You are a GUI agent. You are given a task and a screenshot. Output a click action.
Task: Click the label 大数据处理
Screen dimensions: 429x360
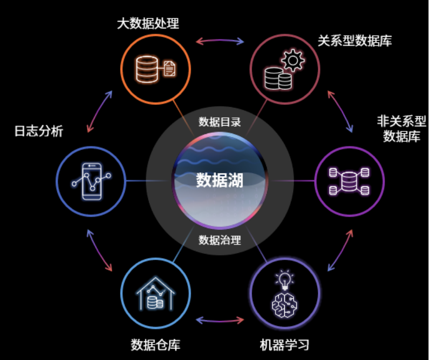(x=148, y=24)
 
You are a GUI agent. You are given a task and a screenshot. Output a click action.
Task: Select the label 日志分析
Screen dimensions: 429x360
(x=38, y=131)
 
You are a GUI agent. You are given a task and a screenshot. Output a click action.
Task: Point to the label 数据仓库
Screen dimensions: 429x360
(x=156, y=344)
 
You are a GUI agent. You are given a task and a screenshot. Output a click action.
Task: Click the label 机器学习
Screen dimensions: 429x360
(x=284, y=344)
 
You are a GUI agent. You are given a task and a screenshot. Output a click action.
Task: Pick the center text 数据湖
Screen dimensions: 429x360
(x=220, y=179)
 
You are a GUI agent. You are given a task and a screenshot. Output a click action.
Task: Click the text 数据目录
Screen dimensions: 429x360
(x=220, y=122)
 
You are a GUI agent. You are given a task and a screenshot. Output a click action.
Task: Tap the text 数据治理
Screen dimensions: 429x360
(x=220, y=240)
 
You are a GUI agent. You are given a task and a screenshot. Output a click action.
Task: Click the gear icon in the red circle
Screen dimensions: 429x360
(x=293, y=60)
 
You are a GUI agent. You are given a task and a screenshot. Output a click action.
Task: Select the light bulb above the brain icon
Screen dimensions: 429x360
(x=284, y=279)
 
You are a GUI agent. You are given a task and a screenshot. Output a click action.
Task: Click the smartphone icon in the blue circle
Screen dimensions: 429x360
(x=91, y=181)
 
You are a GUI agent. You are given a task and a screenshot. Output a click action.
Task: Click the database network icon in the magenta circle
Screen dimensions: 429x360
(x=350, y=181)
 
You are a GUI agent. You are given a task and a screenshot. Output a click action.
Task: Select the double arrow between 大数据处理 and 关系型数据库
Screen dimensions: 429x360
(x=220, y=40)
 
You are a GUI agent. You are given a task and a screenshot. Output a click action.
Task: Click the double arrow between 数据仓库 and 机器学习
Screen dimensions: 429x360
(x=220, y=321)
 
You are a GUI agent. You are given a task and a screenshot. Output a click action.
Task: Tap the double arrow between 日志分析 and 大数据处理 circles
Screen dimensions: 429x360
(x=99, y=110)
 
